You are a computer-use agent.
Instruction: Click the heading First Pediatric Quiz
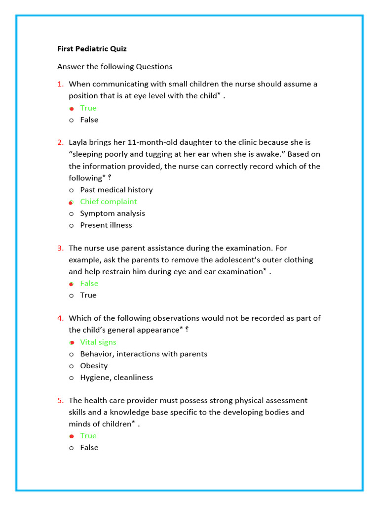coord(92,49)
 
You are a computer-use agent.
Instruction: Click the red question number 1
coord(60,84)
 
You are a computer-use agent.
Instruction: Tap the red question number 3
coord(60,248)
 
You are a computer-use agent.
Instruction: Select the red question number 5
coord(60,400)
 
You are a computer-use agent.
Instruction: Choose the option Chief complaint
coord(109,202)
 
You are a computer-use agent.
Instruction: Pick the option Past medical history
coord(116,190)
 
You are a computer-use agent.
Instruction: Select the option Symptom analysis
coord(113,213)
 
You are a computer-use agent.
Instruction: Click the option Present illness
coord(106,225)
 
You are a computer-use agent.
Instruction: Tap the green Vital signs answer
coord(98,342)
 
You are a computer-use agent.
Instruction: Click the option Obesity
coord(94,366)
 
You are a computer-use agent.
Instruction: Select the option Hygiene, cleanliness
coord(116,378)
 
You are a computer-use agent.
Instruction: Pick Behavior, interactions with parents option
coord(144,354)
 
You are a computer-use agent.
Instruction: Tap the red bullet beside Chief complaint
coord(72,202)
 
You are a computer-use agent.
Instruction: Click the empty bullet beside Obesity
coord(72,366)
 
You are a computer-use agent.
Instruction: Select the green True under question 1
coord(88,108)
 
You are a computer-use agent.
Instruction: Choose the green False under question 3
coord(89,284)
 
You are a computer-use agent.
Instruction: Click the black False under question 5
coord(89,448)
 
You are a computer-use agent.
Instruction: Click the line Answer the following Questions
coord(115,67)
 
